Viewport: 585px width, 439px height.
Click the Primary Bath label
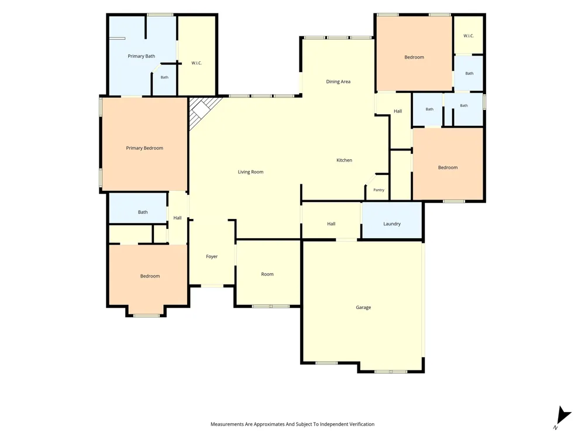click(x=142, y=56)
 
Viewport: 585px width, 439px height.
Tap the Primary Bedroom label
click(x=144, y=148)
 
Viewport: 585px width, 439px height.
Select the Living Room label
click(x=251, y=172)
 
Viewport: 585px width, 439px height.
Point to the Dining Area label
click(x=338, y=81)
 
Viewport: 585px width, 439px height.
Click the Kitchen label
click(x=344, y=160)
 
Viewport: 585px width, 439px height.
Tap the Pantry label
click(x=378, y=190)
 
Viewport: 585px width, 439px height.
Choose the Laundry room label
click(x=392, y=224)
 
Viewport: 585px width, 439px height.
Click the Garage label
click(x=363, y=307)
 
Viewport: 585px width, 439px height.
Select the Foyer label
click(x=212, y=256)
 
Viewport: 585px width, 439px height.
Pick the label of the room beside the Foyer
click(x=267, y=274)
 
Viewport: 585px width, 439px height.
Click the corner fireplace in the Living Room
click(x=201, y=111)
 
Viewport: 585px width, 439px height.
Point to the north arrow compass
click(x=562, y=417)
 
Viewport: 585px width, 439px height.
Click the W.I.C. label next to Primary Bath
click(x=197, y=63)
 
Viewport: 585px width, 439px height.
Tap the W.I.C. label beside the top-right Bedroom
click(x=469, y=36)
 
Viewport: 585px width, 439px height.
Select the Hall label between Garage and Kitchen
click(x=331, y=224)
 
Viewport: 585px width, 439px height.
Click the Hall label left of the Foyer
click(x=177, y=218)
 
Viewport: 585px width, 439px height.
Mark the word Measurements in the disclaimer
click(x=227, y=424)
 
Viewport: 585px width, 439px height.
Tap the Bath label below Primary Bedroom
click(x=143, y=212)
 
